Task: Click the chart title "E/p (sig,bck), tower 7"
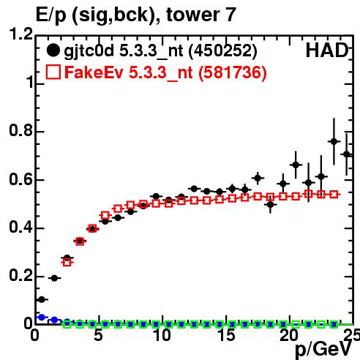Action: pos(135,15)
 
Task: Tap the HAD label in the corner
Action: pos(327,50)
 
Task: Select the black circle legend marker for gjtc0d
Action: pos(53,50)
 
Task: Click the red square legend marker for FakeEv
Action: pos(53,72)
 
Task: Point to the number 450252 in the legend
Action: pos(223,50)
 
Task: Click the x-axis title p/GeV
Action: pos(323,350)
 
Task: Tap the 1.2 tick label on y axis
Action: pos(20,34)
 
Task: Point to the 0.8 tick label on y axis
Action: pos(20,130)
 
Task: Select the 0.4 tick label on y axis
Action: pos(20,227)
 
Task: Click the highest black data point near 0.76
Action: pos(334,141)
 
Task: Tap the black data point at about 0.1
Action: pos(42,299)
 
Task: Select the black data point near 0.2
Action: pos(54,278)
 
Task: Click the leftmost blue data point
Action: pos(42,318)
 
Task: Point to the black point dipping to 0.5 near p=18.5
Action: pos(270,205)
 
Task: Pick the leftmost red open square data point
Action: pos(67,263)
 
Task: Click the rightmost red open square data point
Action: pos(334,195)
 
